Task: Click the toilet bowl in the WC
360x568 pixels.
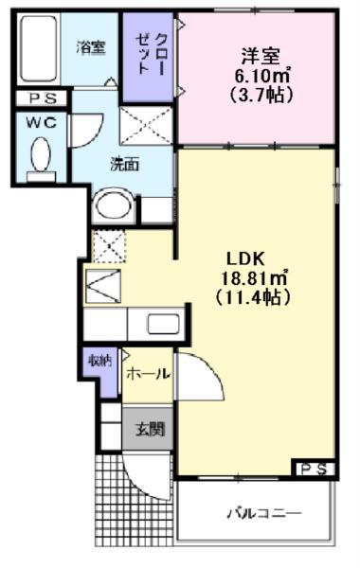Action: pos(41,155)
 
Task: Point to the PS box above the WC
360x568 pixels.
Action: pos(40,98)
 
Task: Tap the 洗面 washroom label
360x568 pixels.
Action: pos(124,164)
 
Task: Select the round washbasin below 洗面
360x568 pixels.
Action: pos(115,205)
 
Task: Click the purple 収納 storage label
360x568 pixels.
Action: pos(100,360)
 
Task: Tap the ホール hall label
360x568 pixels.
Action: pos(146,372)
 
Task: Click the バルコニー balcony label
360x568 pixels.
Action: pos(262,514)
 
